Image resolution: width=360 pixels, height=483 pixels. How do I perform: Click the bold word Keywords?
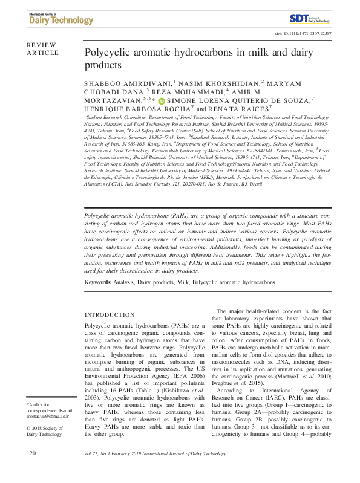(97, 282)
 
